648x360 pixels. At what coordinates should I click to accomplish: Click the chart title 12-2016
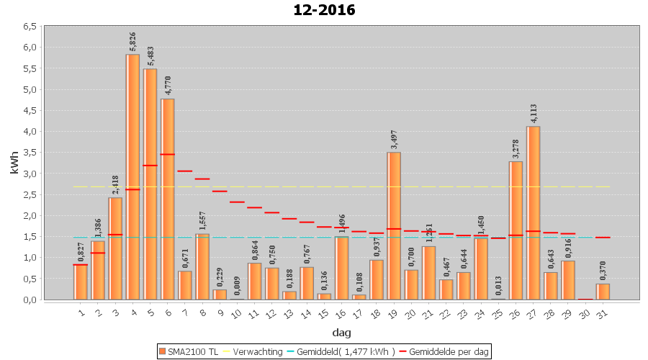(x=324, y=10)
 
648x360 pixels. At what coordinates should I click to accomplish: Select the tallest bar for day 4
(x=132, y=176)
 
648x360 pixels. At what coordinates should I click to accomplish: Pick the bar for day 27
(x=533, y=212)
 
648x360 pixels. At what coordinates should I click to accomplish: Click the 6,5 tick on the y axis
(x=29, y=26)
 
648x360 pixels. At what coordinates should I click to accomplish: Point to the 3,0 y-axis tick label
(x=29, y=174)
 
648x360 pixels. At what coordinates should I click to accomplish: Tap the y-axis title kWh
(x=14, y=163)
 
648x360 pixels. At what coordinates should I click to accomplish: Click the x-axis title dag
(x=341, y=332)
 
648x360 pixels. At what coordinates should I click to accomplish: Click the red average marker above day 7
(x=184, y=171)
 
